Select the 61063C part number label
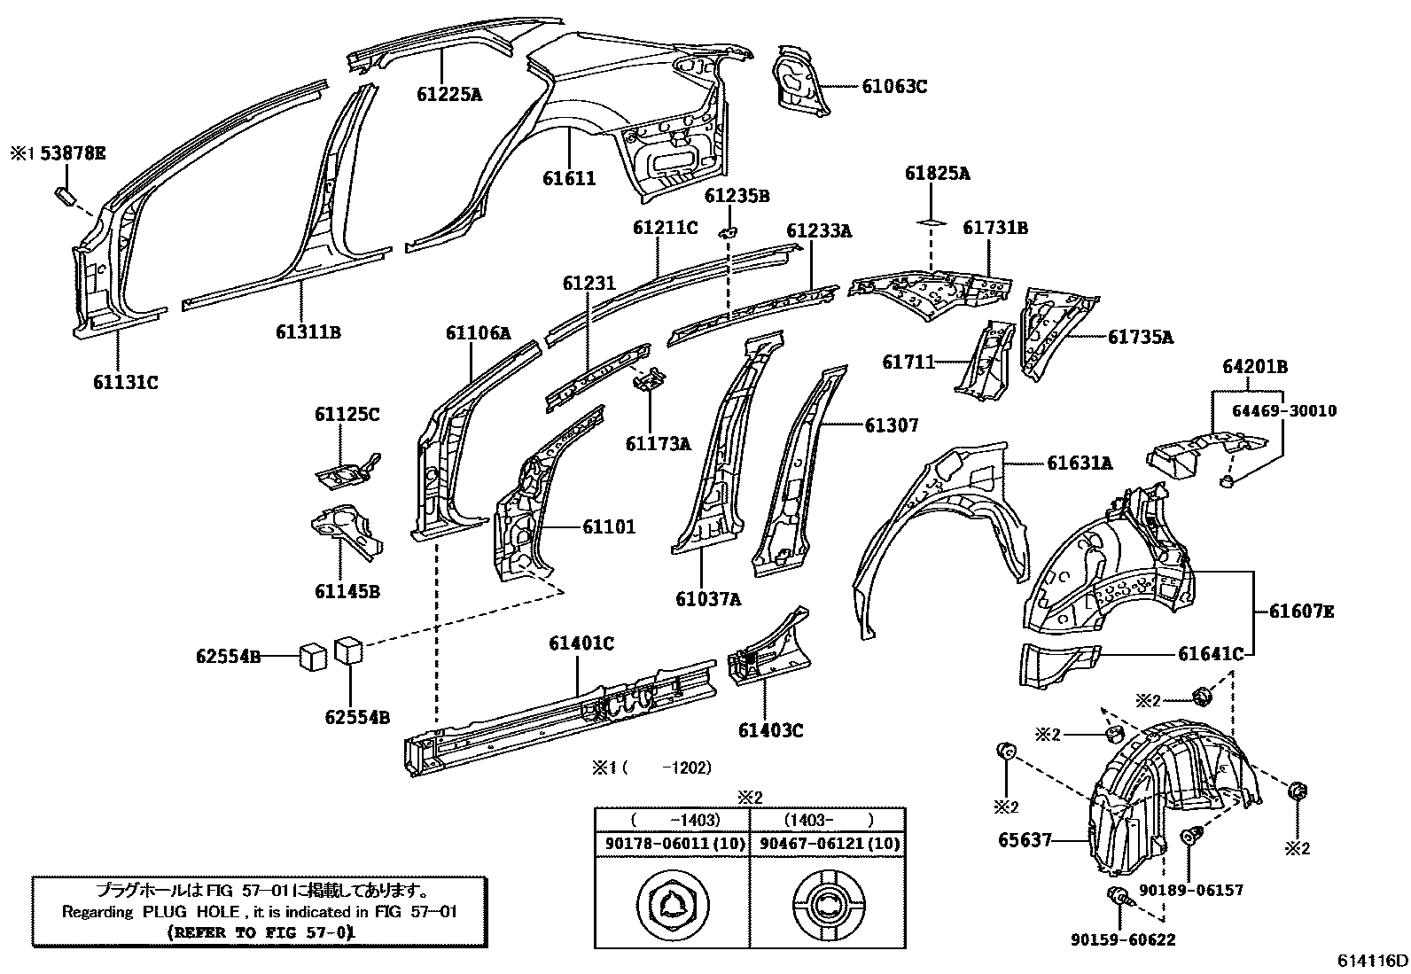894,86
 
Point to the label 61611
569,178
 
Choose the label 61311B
308,332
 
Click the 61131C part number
125,382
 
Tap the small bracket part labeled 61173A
650,382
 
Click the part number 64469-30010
1283,410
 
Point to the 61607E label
1300,611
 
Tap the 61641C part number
1210,654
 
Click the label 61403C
770,730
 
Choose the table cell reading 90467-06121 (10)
827,844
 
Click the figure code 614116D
1373,960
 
